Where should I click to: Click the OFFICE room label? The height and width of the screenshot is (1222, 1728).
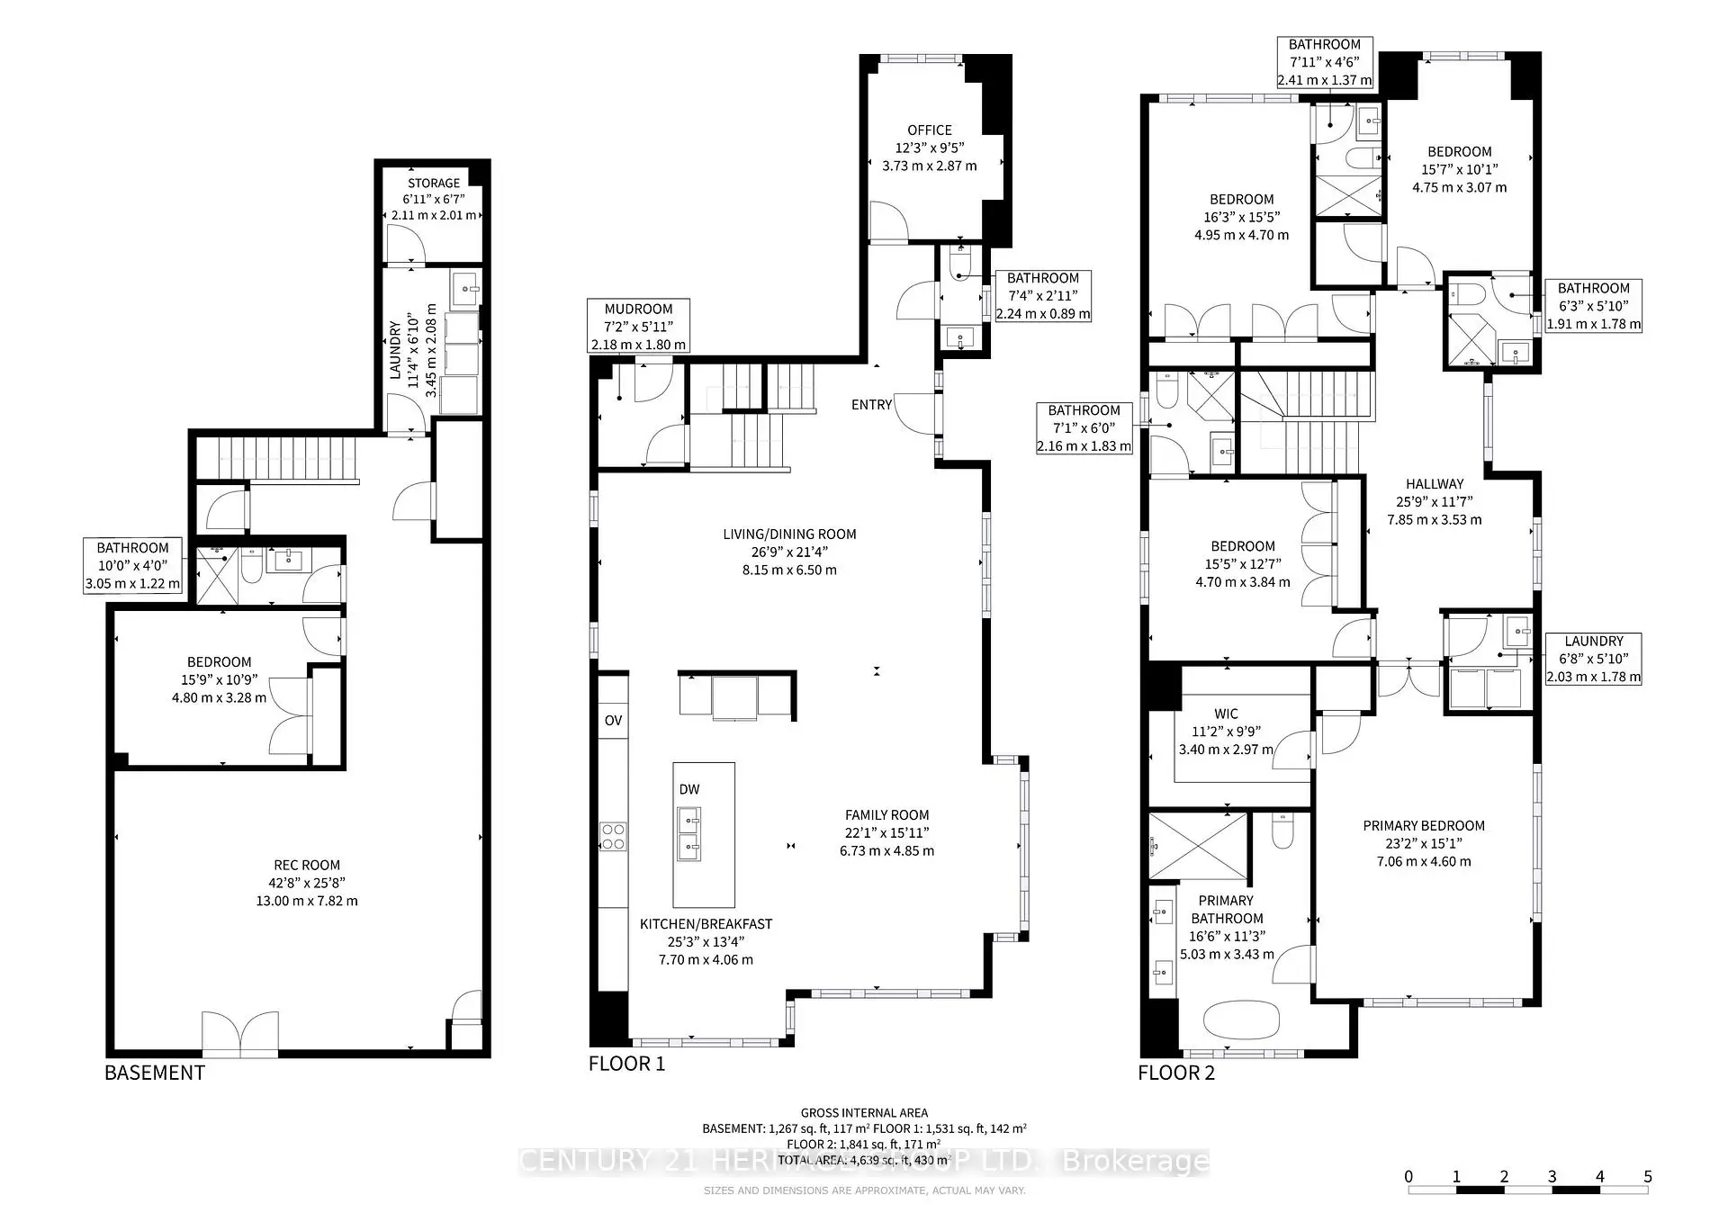(929, 130)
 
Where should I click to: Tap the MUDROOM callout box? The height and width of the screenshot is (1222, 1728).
(638, 326)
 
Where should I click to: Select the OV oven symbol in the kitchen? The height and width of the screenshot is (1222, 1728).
(613, 720)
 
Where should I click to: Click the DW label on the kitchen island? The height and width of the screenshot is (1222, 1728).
(689, 789)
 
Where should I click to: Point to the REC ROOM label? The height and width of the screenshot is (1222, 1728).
(307, 866)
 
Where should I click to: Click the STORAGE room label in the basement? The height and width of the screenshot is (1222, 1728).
(434, 183)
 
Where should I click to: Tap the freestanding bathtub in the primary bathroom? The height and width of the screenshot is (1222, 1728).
(1241, 1022)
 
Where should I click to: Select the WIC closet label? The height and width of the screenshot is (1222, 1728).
(1226, 714)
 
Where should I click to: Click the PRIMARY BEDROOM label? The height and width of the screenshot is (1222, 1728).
(1423, 826)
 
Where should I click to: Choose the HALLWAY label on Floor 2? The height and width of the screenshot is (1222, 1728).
(1435, 484)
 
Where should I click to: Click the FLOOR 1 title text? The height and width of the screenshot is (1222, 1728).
(626, 1064)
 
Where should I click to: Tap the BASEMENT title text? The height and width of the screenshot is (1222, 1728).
(155, 1073)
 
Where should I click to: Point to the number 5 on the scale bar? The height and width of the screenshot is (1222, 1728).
(1647, 1176)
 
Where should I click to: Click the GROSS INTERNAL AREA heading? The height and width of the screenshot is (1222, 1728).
(864, 1113)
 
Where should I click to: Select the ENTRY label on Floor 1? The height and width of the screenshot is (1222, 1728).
(871, 405)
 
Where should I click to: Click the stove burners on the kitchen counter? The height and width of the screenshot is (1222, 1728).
(614, 836)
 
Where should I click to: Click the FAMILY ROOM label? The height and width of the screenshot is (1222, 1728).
(886, 815)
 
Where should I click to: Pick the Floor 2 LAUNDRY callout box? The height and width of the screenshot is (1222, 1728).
(1593, 659)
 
